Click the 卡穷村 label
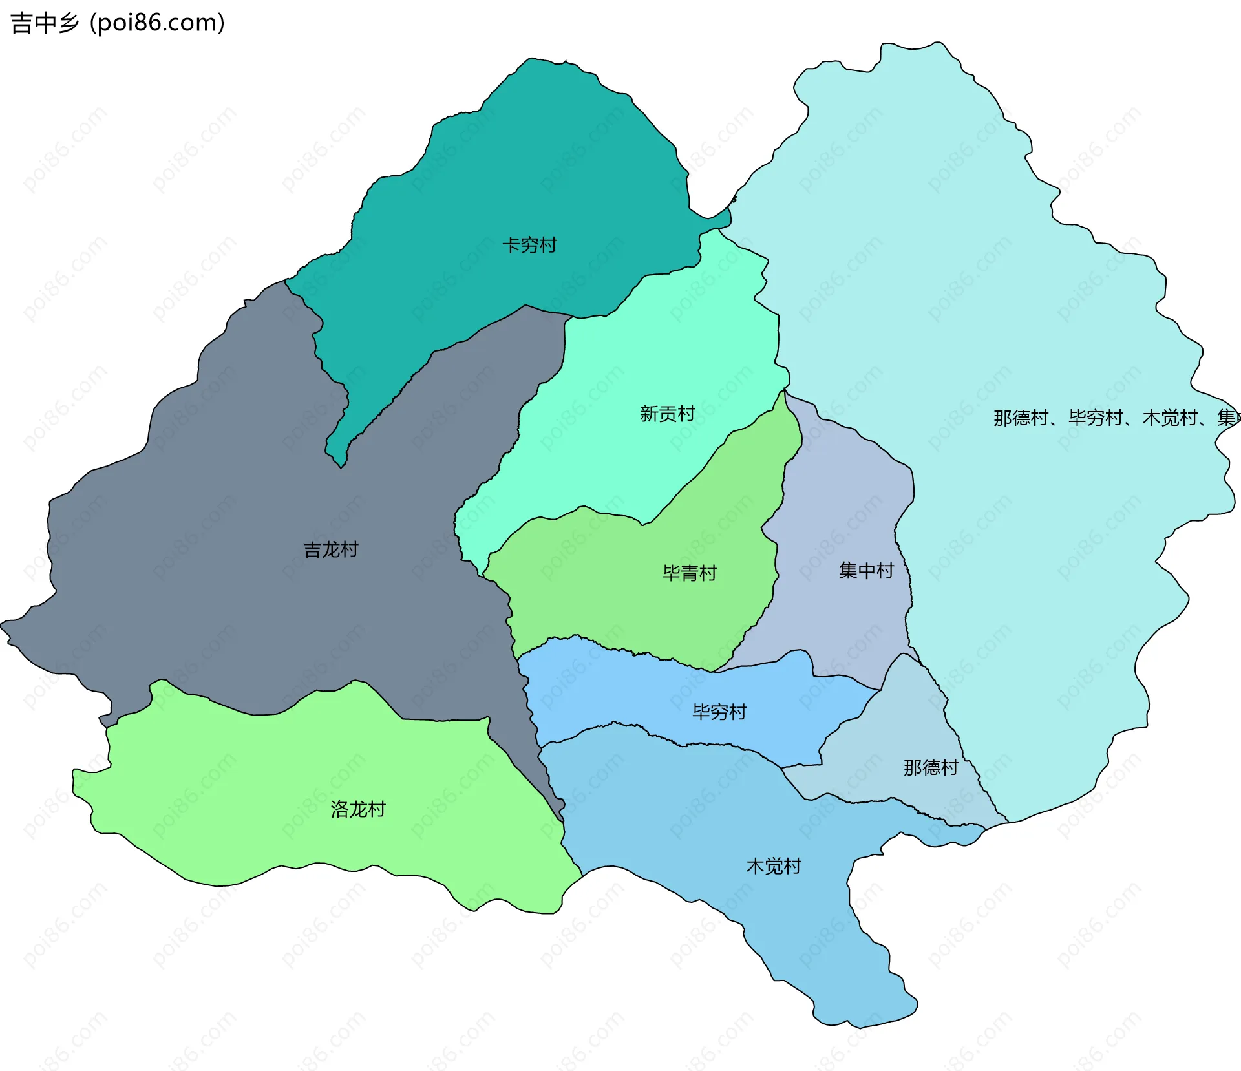[x=529, y=246]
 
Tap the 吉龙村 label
[x=331, y=550]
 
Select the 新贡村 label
[x=667, y=414]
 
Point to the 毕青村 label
[x=690, y=573]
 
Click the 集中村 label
[x=866, y=571]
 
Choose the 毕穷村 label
[x=719, y=712]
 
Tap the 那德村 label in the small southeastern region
[x=931, y=768]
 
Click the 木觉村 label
[x=774, y=866]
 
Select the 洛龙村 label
[x=358, y=809]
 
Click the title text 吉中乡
[x=44, y=23]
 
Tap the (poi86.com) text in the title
[x=157, y=23]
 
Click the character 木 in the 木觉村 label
[x=756, y=866]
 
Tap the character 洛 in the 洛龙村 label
[x=340, y=809]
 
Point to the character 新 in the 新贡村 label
[x=649, y=414]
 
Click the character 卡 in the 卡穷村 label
[x=511, y=246]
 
